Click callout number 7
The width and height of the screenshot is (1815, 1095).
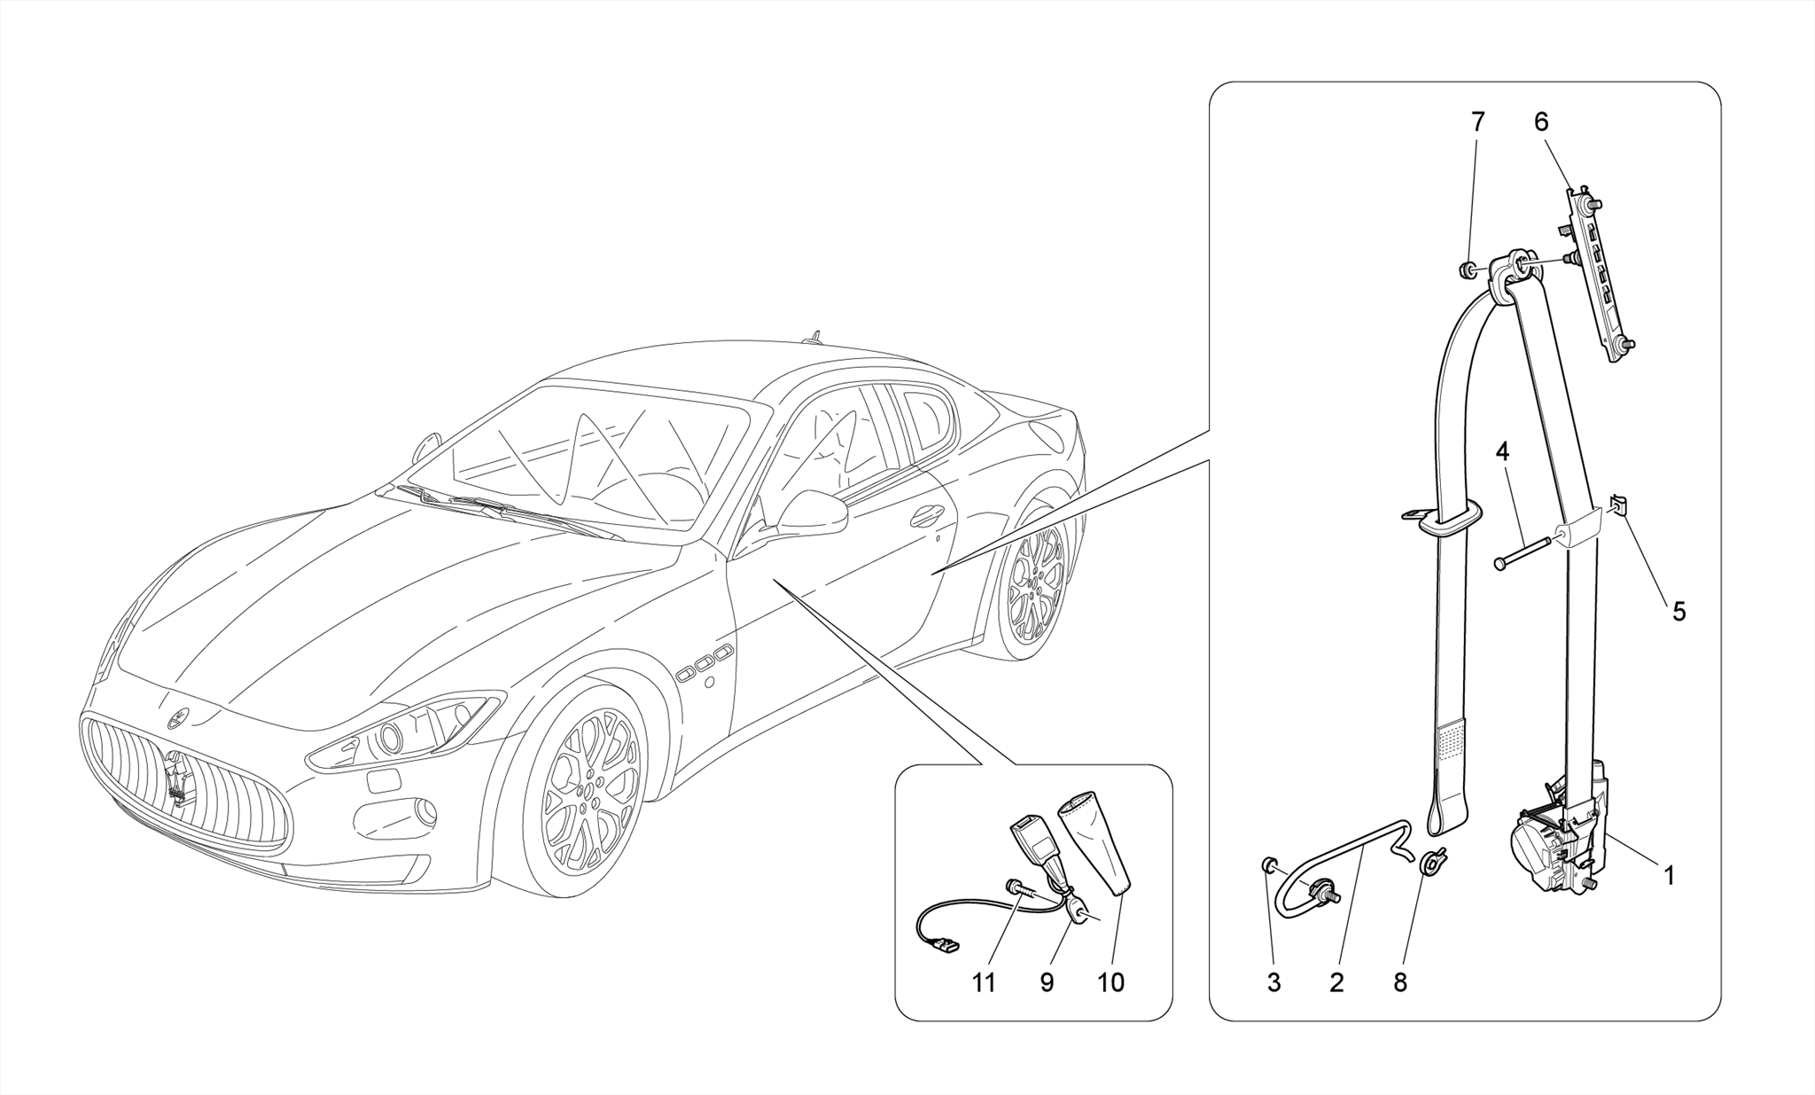[1477, 121]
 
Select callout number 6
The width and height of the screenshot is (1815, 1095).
[1541, 121]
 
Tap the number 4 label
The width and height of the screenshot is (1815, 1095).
[1502, 451]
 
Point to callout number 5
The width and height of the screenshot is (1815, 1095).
[1679, 611]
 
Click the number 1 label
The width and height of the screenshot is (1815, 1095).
[1669, 876]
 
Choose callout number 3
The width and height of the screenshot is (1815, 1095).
[1274, 982]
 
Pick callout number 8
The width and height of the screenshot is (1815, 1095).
[1400, 982]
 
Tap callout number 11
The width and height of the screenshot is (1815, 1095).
[984, 982]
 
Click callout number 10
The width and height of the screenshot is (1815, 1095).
[1110, 982]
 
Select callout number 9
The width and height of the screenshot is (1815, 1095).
[1047, 982]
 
